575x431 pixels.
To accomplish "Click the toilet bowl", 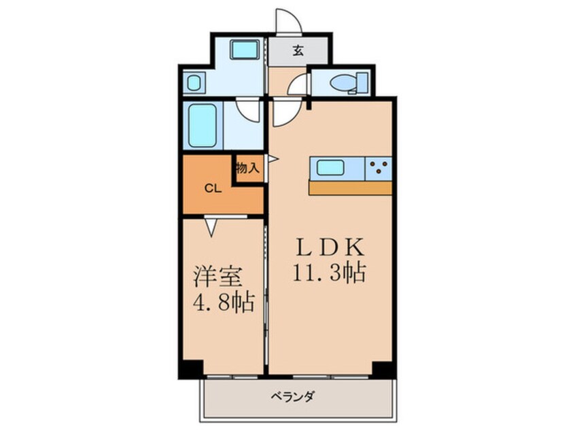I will click(x=343, y=83).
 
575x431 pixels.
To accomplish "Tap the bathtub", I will click(x=202, y=125).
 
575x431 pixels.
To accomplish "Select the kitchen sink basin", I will click(x=330, y=167).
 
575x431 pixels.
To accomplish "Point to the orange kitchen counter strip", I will click(x=350, y=188).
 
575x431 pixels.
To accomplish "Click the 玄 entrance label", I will click(x=298, y=50).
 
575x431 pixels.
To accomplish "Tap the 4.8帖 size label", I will click(x=217, y=302).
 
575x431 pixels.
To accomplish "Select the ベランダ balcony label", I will click(x=296, y=396).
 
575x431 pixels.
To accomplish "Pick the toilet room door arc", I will click(x=297, y=86).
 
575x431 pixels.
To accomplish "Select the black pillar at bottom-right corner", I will click(x=383, y=369).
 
